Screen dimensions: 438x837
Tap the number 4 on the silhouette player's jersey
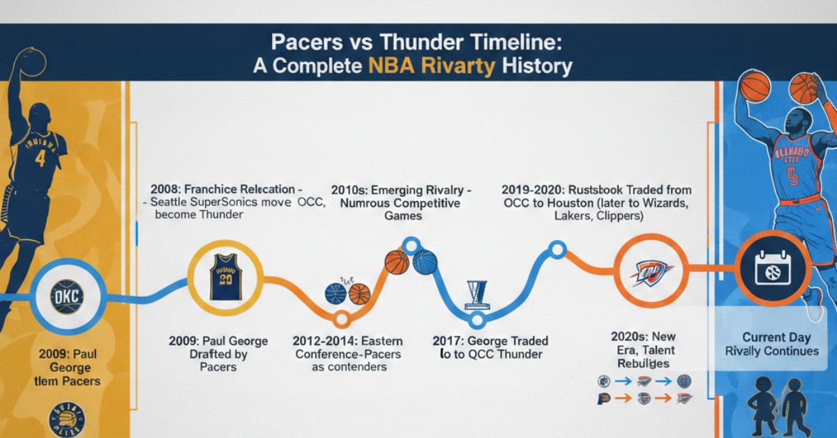pos(40,158)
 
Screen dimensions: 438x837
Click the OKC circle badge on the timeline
pos(67,298)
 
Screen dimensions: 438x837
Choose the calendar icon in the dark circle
pos(772,269)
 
